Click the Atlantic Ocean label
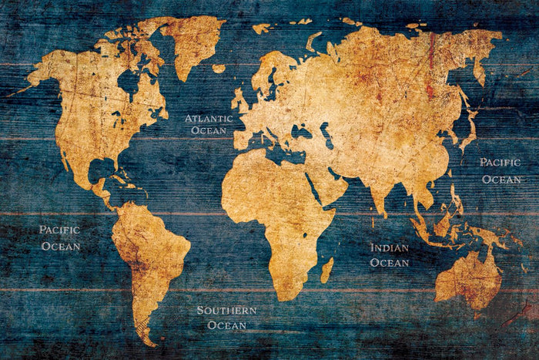point(208,124)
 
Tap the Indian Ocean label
point(389,255)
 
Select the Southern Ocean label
point(226,318)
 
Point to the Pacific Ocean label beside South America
point(59,237)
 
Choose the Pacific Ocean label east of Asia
point(500,170)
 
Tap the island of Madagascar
point(327,269)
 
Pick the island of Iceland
point(219,69)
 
